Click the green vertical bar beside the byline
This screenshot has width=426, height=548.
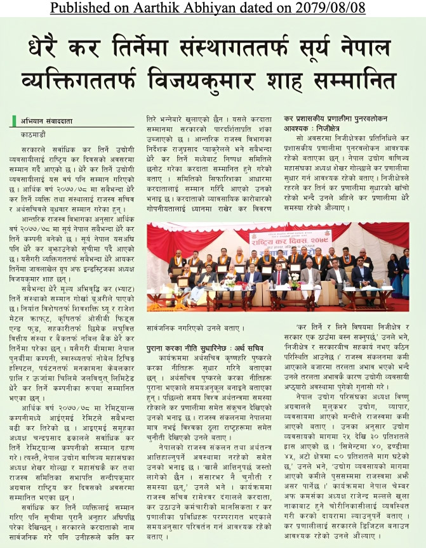tap(16, 121)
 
